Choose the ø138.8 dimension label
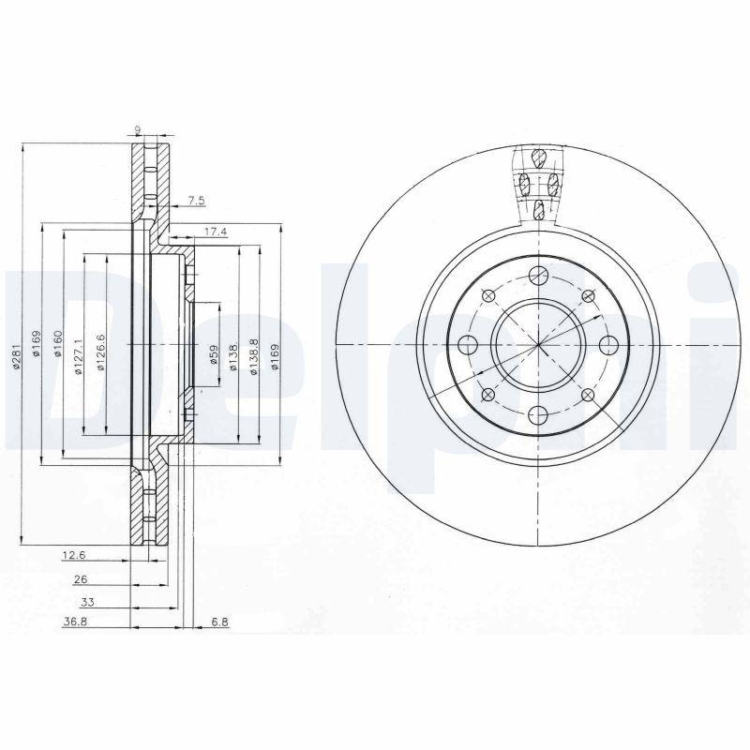tap(254, 357)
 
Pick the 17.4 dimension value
tap(215, 231)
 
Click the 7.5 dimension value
tap(196, 201)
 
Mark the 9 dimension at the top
tap(138, 130)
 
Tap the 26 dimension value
tap(81, 580)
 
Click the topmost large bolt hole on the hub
tap(537, 275)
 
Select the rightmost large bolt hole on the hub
tap(607, 345)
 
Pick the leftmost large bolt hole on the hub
tap(467, 345)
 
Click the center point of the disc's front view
tap(537, 345)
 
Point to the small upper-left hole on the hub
tap(487, 295)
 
